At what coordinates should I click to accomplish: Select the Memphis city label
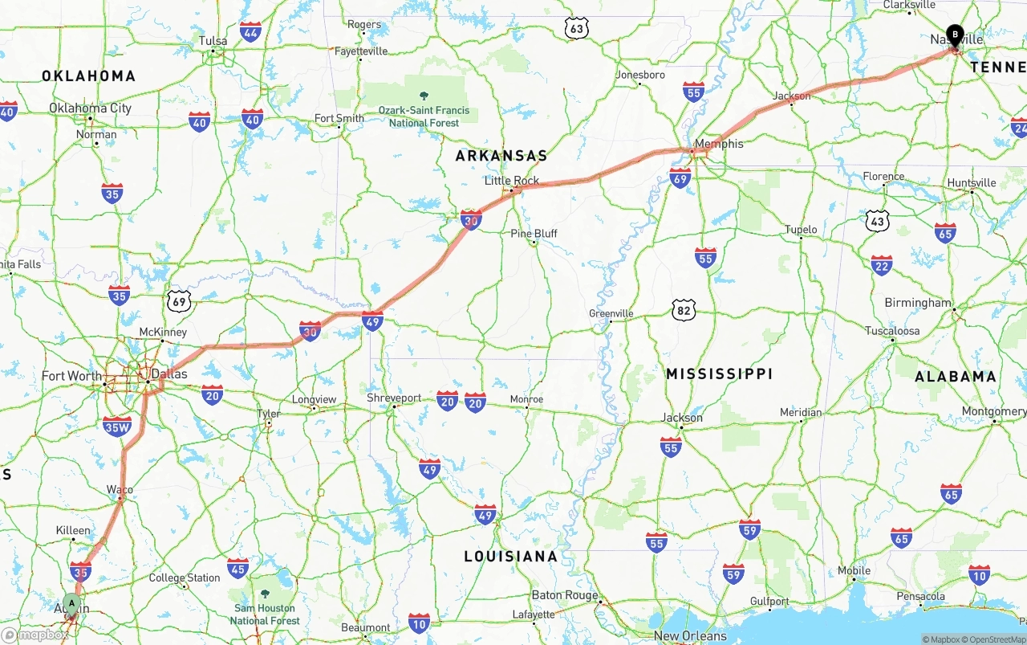click(719, 144)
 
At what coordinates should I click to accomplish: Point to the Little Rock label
click(512, 181)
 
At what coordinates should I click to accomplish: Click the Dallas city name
click(169, 374)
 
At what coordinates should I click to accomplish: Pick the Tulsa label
click(213, 41)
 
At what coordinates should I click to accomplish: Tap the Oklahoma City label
click(90, 108)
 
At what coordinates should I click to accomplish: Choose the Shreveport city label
click(394, 398)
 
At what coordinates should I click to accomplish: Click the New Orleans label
click(690, 635)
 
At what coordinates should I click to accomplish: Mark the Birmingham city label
click(918, 303)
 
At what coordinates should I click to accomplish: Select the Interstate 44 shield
click(250, 32)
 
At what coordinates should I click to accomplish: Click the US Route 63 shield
click(576, 29)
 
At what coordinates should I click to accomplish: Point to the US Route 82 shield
click(684, 309)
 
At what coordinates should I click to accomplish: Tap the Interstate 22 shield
click(882, 265)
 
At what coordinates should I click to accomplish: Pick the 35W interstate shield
click(117, 427)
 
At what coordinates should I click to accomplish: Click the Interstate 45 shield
click(237, 568)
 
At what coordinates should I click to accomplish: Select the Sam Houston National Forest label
click(265, 614)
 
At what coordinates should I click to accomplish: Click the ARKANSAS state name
click(501, 156)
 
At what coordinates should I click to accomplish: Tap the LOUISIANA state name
click(510, 556)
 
